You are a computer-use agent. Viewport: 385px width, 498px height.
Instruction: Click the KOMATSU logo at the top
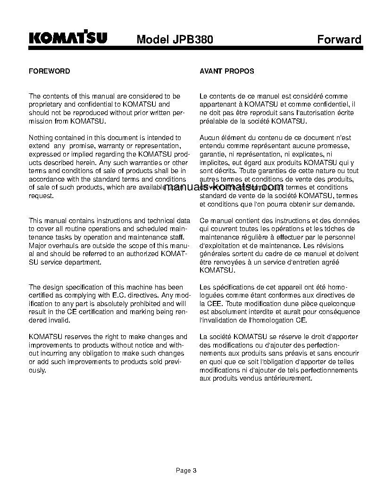tap(68, 38)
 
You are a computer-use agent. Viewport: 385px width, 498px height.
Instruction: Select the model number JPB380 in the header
tap(194, 40)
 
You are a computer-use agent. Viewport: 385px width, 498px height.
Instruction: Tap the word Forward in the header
tap(339, 39)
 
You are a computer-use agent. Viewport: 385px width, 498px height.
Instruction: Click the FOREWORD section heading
tap(50, 71)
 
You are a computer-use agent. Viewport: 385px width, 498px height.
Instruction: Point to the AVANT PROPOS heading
tap(227, 71)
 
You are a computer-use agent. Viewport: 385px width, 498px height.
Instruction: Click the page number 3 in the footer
tap(194, 470)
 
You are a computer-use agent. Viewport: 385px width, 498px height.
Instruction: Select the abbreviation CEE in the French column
tap(209, 304)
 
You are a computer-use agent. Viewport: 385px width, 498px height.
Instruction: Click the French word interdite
tap(255, 312)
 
